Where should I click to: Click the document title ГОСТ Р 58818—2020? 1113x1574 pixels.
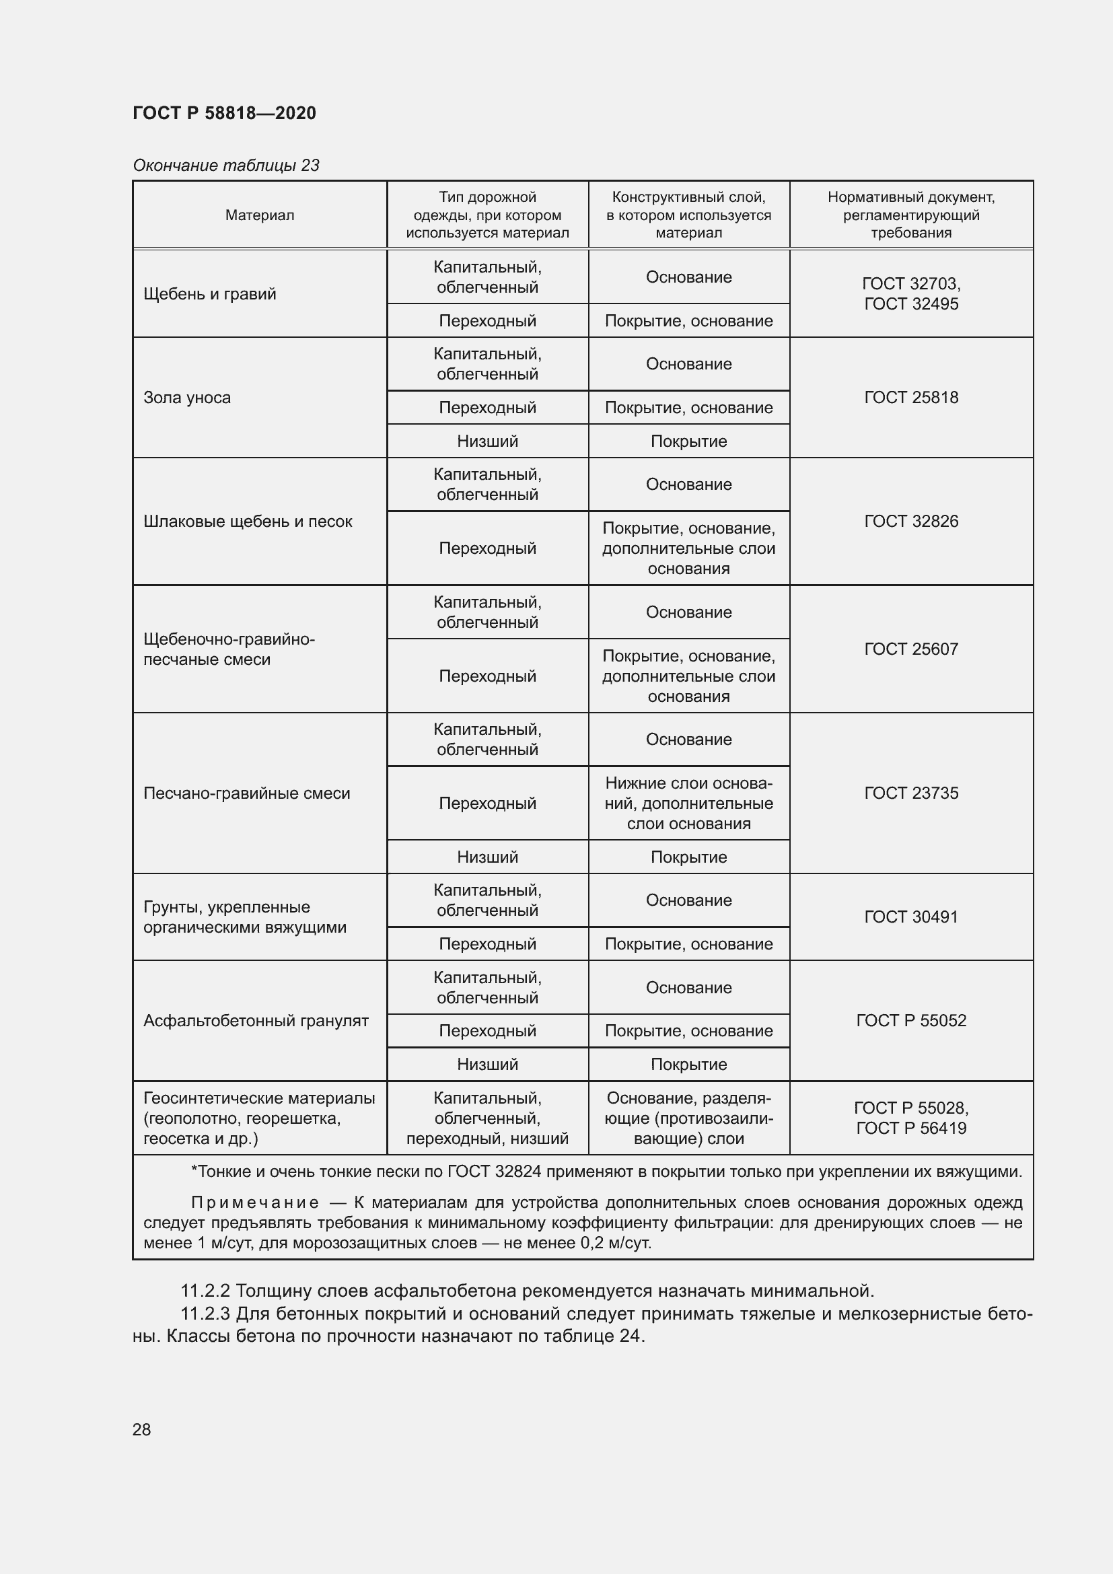pyautogui.click(x=224, y=113)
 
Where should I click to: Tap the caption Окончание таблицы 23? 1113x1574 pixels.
pyautogui.click(x=225, y=166)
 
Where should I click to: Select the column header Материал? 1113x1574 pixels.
pyautogui.click(x=259, y=215)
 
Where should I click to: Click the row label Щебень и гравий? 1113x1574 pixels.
pyautogui.click(x=210, y=294)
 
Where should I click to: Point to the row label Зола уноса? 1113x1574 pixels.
pyautogui.click(x=186, y=398)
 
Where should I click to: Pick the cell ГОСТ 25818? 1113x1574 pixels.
pyautogui.click(x=911, y=398)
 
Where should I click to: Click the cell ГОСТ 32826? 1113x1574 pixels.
pyautogui.click(x=911, y=521)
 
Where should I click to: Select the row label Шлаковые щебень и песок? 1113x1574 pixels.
pyautogui.click(x=248, y=521)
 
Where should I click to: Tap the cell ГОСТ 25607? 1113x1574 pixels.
pyautogui.click(x=911, y=649)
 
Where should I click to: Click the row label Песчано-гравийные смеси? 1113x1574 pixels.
pyautogui.click(x=247, y=793)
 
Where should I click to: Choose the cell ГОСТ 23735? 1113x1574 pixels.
pyautogui.click(x=911, y=793)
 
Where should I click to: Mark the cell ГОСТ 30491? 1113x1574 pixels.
pyautogui.click(x=911, y=917)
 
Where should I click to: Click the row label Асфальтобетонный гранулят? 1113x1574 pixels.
pyautogui.click(x=256, y=1021)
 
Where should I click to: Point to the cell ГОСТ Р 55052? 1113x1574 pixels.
pyautogui.click(x=911, y=1021)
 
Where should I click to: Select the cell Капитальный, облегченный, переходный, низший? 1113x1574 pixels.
pyautogui.click(x=487, y=1118)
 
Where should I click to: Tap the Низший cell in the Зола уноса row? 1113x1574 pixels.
pyautogui.click(x=487, y=441)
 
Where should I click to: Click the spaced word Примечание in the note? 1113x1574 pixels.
pyautogui.click(x=255, y=1203)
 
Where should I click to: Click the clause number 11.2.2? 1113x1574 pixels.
pyautogui.click(x=205, y=1291)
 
